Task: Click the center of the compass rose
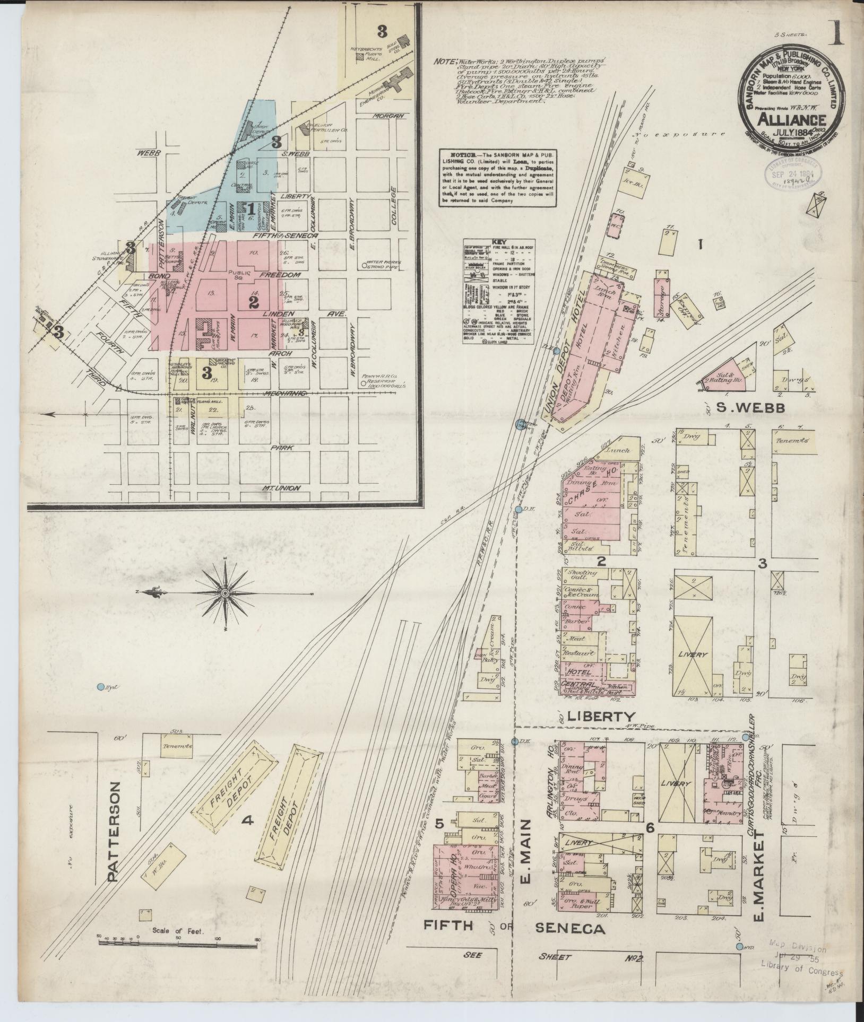[225, 592]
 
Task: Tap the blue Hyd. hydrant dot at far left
[100, 687]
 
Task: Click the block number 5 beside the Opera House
[439, 809]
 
